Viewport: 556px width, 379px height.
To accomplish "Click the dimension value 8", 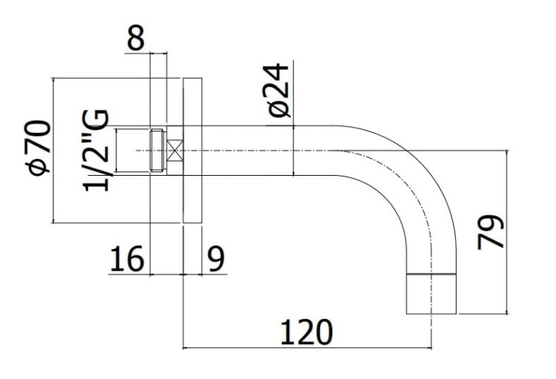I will coord(135,39).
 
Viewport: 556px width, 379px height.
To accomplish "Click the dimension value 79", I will coord(491,231).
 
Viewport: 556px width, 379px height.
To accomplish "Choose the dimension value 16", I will coord(126,260).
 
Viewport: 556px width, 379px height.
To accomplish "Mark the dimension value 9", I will coord(216,260).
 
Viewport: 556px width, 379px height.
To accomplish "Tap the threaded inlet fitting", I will coord(156,151).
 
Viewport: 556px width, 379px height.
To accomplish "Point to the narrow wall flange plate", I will coord(191,151).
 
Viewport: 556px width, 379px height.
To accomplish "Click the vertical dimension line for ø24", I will coord(294,151).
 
